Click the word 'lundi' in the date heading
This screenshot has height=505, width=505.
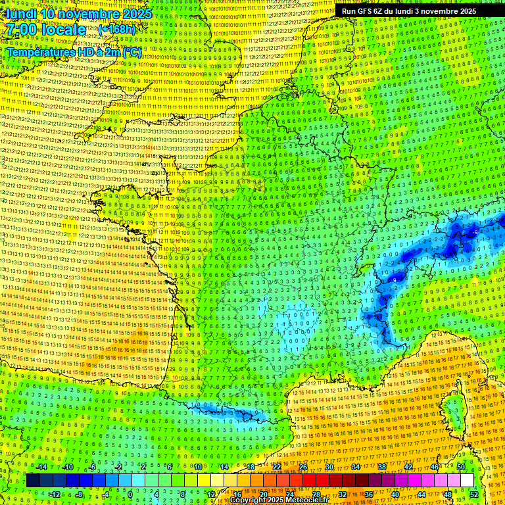21,13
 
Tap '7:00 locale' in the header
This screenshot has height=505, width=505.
45,30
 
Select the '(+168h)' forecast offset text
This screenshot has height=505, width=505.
117,30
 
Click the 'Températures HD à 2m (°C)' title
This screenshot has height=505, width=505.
74,51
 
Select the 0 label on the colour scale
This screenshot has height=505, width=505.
130,494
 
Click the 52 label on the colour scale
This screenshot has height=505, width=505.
474,494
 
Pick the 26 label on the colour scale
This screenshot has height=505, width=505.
303,467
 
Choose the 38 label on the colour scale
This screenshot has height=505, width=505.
381,467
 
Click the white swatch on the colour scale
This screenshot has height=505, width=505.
467,481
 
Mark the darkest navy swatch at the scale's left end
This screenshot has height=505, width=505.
33,481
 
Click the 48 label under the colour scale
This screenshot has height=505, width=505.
448,494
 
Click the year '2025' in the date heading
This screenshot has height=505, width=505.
137,13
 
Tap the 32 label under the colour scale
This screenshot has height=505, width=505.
342,494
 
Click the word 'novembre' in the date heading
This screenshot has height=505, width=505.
89,13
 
